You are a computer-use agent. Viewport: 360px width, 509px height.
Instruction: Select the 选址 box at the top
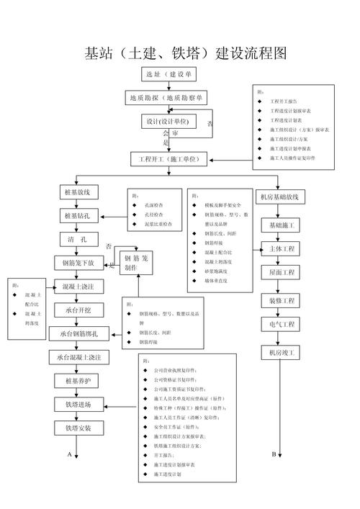168,74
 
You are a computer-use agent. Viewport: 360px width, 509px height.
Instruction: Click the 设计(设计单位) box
168,121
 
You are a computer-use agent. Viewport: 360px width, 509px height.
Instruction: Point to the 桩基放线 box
79,193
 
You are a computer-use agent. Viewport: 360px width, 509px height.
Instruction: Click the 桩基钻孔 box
79,216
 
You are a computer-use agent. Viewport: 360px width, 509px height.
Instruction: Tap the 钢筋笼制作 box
136,262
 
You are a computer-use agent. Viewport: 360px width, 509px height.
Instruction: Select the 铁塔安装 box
78,428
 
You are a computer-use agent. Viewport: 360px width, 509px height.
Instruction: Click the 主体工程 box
278,250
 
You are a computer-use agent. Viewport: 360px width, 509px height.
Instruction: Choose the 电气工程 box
278,325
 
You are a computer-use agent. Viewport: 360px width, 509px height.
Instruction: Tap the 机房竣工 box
278,353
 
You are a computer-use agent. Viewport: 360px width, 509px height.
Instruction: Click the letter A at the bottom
70,454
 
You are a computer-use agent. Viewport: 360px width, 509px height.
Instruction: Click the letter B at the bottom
274,454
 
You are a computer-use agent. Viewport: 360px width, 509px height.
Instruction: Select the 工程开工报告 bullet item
287,102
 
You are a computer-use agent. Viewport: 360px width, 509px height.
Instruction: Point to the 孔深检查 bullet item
153,205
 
